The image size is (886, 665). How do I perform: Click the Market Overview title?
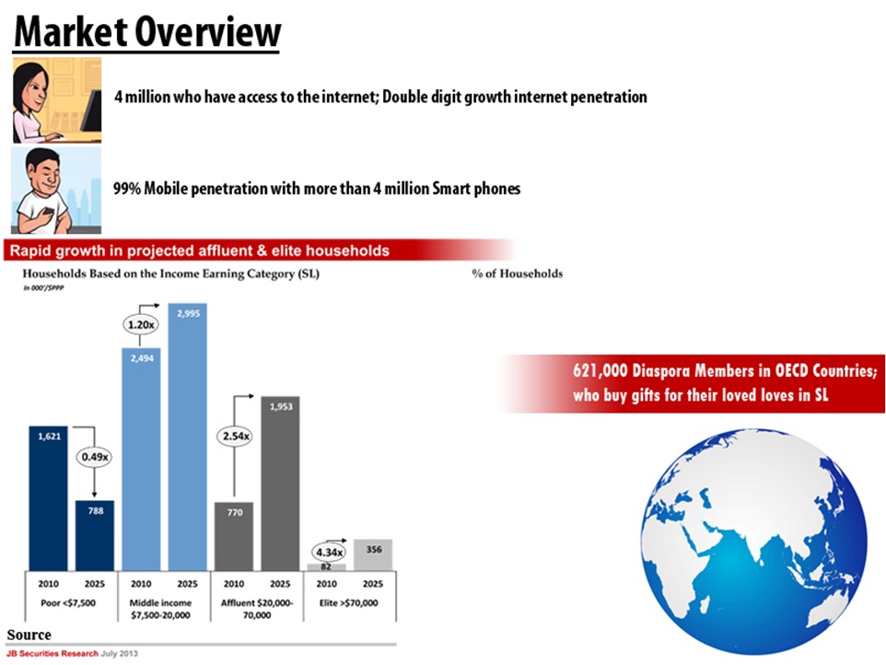147,33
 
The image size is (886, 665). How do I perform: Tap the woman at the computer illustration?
56,99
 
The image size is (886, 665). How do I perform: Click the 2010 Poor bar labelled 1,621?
48,497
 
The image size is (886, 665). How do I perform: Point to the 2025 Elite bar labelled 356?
372,554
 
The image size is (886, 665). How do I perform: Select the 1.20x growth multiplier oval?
140,324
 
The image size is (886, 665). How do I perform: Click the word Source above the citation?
29,635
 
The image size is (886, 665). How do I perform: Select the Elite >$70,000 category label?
349,602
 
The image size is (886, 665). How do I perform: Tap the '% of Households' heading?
517,274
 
